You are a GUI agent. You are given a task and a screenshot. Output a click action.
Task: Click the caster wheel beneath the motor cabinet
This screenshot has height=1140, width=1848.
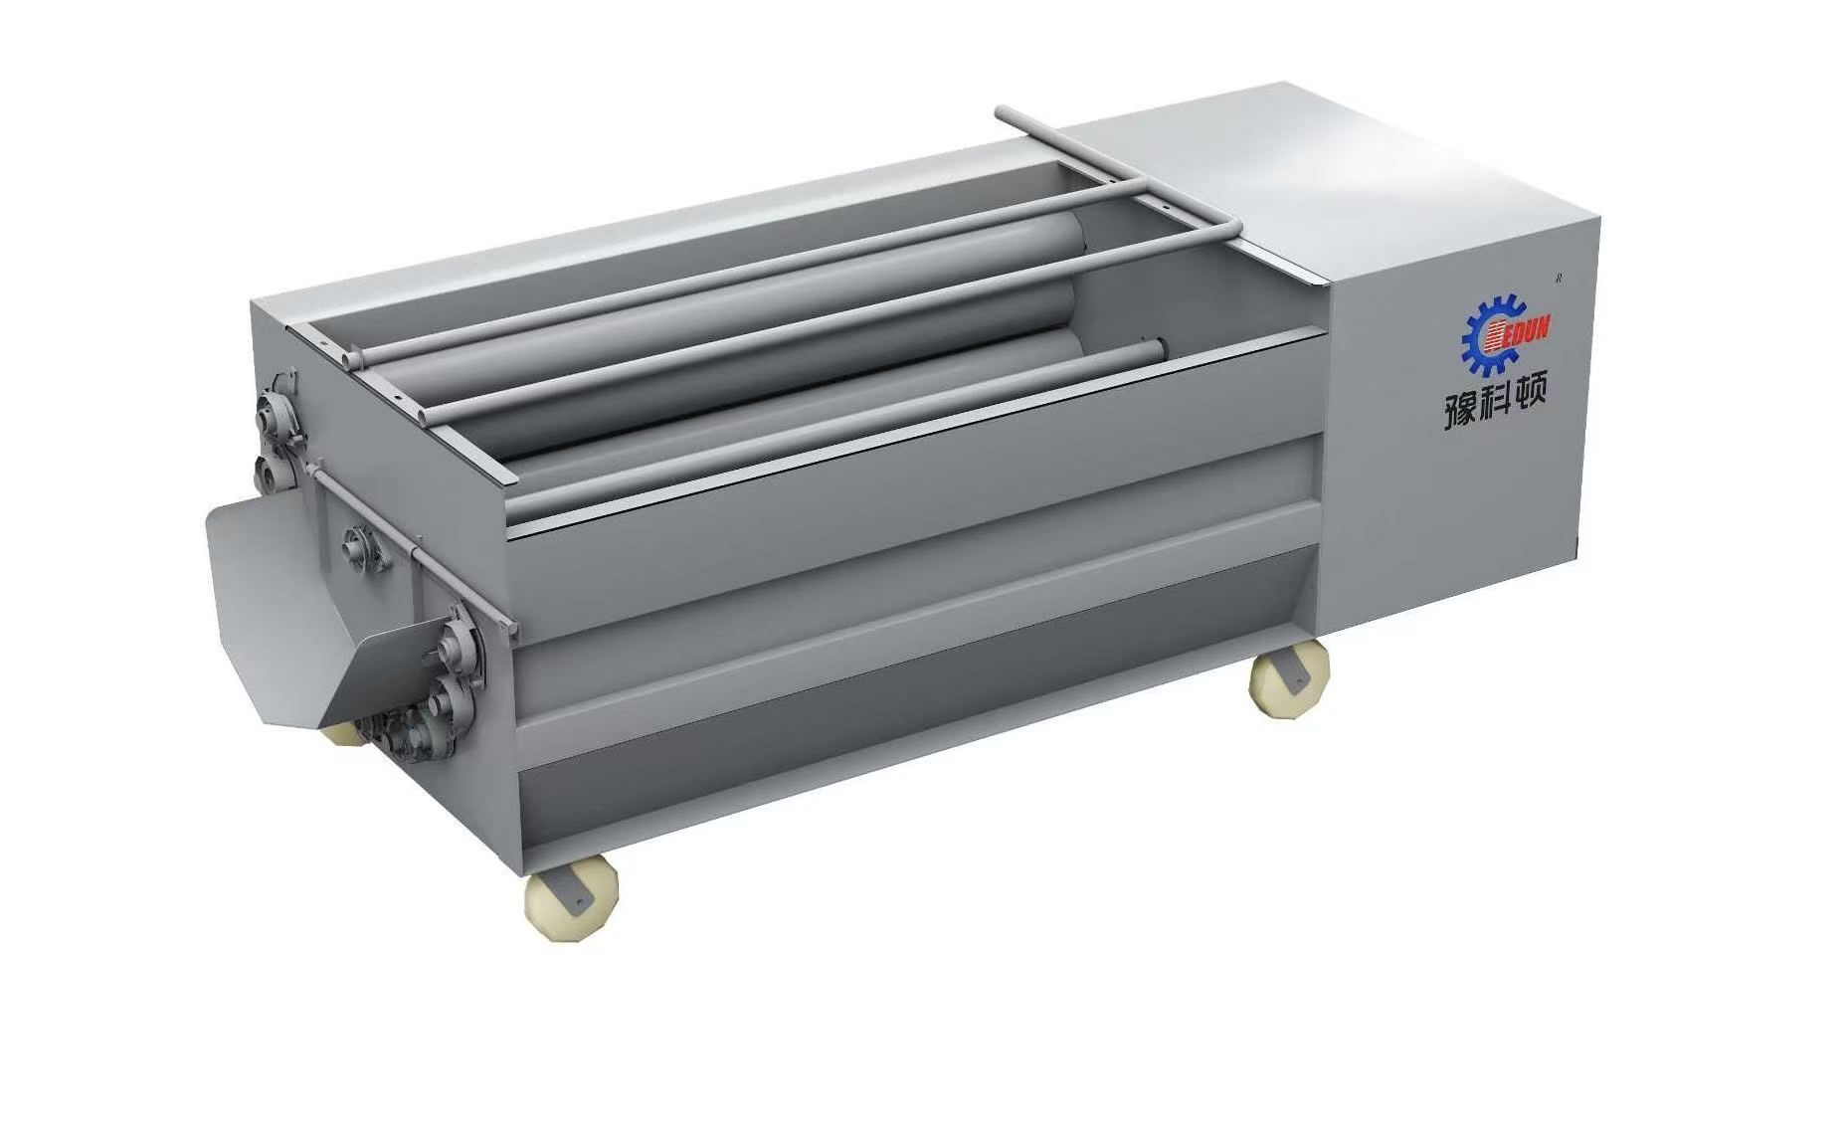coord(1289,677)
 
